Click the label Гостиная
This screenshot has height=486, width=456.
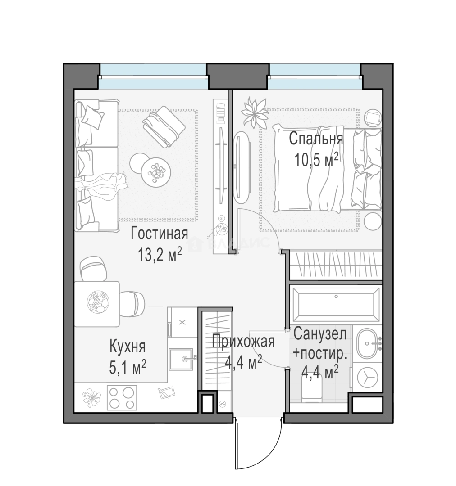pyautogui.click(x=159, y=234)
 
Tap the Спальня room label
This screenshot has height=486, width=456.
pyautogui.click(x=316, y=139)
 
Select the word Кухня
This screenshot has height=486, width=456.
pyautogui.click(x=128, y=346)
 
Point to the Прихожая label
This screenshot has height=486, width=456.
pyautogui.click(x=243, y=341)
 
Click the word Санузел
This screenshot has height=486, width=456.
pyautogui.click(x=320, y=333)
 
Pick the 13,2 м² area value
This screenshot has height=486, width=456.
pyautogui.click(x=160, y=255)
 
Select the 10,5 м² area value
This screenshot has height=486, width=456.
pyautogui.click(x=316, y=160)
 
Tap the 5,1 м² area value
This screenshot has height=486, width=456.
pyautogui.click(x=128, y=367)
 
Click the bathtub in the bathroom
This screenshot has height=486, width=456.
pyautogui.click(x=336, y=304)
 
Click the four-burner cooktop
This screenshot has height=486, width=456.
pyautogui.click(x=122, y=398)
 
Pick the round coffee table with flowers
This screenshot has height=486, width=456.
pyautogui.click(x=155, y=172)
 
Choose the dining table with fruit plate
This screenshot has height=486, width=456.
pyautogui.click(x=97, y=304)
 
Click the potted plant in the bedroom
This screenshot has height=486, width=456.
pyautogui.click(x=254, y=112)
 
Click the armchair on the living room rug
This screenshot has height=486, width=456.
pyautogui.click(x=164, y=127)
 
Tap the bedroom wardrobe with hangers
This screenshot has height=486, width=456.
pyautogui.click(x=336, y=265)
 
